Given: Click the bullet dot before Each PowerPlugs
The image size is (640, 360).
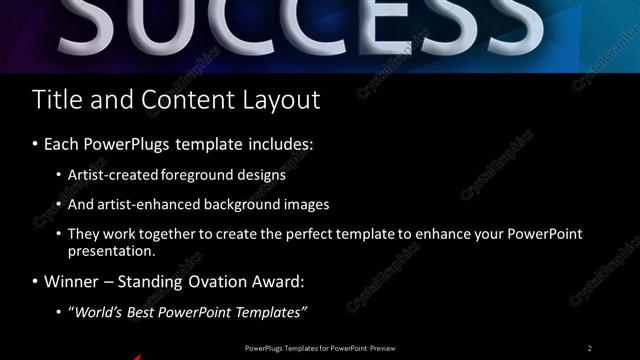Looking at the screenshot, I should (36, 144).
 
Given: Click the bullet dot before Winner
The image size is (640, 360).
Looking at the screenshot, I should (36, 283).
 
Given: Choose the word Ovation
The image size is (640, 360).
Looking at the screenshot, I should (193, 283).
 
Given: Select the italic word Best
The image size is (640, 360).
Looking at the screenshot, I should (140, 313).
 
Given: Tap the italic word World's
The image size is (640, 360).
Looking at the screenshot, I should (98, 313).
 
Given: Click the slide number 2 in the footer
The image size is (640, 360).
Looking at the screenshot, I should (590, 348).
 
